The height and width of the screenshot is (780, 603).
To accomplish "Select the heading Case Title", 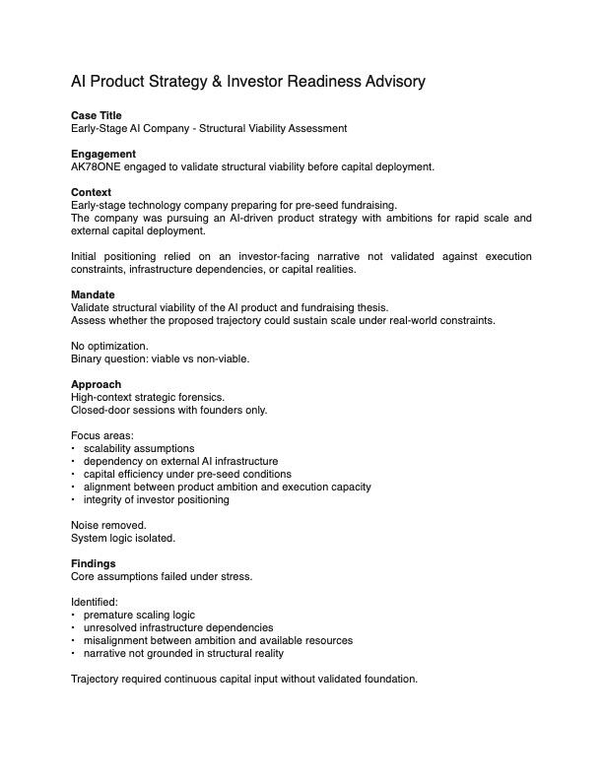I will click(97, 115).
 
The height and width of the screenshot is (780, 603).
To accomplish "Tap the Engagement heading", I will click(103, 154).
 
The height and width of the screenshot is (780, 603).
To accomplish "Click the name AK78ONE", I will click(97, 166).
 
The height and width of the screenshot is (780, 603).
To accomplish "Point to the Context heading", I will click(92, 192).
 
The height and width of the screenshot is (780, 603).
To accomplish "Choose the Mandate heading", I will click(93, 294).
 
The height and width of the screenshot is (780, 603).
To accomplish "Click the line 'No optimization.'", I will click(109, 346).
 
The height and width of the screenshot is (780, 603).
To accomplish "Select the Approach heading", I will click(97, 384).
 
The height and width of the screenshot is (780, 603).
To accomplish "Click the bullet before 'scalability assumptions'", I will click(74, 449).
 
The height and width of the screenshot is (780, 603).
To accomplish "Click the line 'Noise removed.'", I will click(108, 525).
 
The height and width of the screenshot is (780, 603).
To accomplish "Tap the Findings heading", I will click(94, 563).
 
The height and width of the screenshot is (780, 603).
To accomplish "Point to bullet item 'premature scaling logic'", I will click(139, 615).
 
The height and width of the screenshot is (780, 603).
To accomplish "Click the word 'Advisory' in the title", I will click(394, 82).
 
